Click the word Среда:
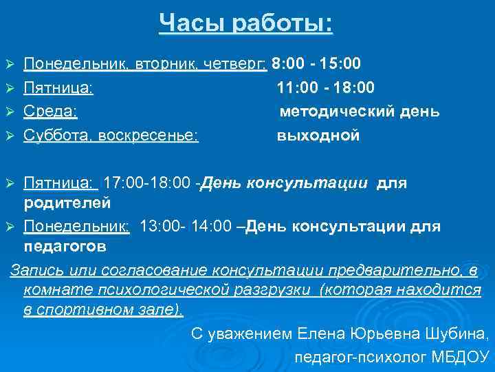[x=50, y=112]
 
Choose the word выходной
[x=318, y=136]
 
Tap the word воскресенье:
[x=148, y=136]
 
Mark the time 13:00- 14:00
[x=186, y=226]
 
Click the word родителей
[x=67, y=203]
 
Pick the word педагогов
[x=65, y=246]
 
